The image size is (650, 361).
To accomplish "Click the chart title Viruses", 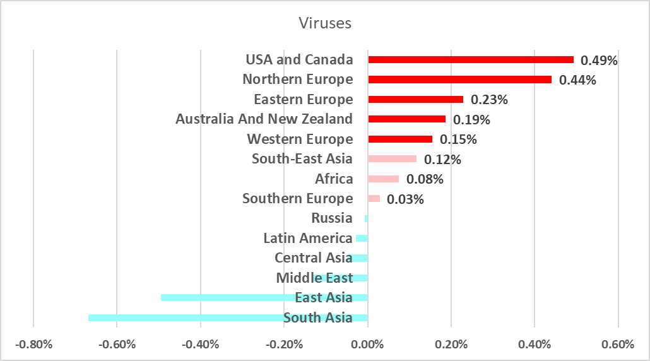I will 324,23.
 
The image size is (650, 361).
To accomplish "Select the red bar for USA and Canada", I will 470,59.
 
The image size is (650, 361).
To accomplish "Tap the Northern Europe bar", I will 459,80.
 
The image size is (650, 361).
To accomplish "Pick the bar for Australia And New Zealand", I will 406,119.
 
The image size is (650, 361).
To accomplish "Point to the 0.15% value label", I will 458,139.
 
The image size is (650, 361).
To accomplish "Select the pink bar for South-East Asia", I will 392,159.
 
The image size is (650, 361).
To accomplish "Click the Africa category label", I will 334,179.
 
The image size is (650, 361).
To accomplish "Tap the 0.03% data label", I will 405,199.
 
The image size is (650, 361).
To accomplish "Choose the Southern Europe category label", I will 297,199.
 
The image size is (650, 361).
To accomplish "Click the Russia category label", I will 332,218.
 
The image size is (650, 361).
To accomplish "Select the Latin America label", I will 307,239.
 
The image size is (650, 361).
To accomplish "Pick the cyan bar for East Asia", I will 227,297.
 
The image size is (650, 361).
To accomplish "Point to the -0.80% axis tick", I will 33,345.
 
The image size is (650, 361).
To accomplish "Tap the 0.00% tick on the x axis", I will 367,345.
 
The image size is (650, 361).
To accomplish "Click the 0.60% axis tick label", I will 618,345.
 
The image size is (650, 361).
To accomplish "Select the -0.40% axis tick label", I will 200,345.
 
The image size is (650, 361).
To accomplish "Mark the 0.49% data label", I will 599,60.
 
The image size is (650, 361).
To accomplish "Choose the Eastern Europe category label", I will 303,99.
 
